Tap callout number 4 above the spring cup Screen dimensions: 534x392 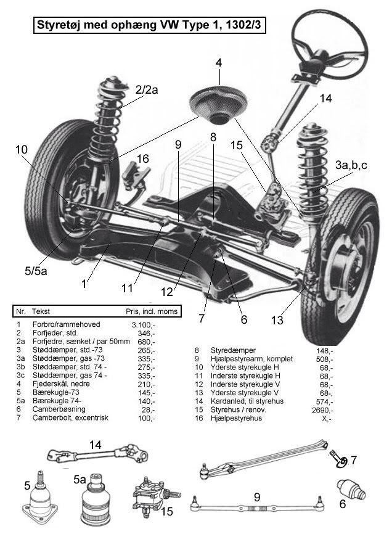click(219, 62)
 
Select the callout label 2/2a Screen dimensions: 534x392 click(147, 90)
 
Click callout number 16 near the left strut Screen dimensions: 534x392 click(143, 159)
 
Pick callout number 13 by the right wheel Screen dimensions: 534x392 click(277, 320)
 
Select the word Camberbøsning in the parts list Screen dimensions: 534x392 click(59, 409)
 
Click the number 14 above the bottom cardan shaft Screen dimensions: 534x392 click(95, 443)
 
